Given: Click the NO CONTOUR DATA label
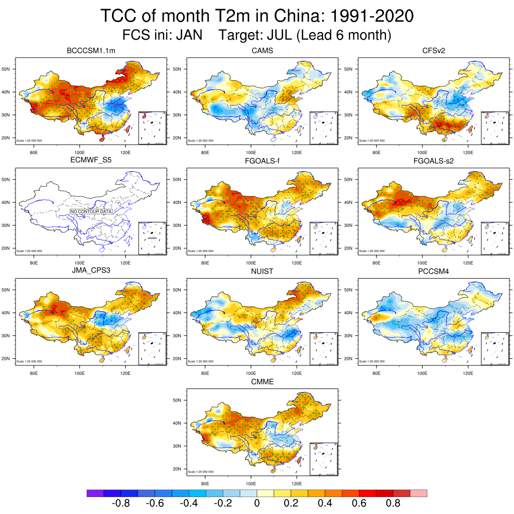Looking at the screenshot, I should (x=91, y=212).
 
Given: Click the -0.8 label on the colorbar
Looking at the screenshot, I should (x=120, y=503).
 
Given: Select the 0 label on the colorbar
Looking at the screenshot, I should (x=257, y=503).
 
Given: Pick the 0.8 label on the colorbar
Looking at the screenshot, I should (x=393, y=503).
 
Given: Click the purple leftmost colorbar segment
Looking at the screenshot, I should (x=95, y=493).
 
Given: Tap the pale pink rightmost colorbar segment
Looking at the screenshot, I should (x=419, y=493).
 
